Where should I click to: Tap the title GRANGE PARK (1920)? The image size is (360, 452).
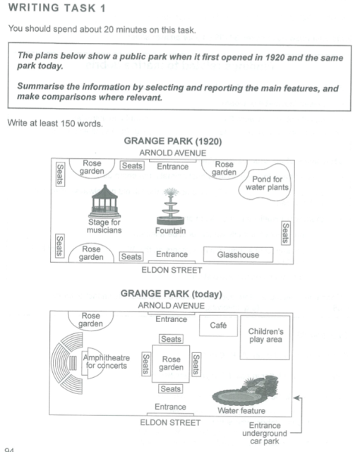pos(173,141)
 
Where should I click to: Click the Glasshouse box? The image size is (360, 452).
pos(239,255)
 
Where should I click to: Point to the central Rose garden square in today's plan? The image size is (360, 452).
pos(172,364)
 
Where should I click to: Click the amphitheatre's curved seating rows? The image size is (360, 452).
pos(67,364)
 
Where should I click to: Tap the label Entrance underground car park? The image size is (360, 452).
pos(265,434)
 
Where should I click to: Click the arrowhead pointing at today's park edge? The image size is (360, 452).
pos(297,399)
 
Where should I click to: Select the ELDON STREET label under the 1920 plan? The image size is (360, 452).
pos(172,270)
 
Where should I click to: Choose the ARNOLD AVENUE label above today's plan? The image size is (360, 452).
pos(172,305)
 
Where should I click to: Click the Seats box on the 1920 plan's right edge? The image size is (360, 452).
pos(285,232)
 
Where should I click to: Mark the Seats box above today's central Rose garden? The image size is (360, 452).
pos(172,340)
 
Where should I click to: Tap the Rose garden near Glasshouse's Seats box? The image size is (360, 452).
pos(91,254)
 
